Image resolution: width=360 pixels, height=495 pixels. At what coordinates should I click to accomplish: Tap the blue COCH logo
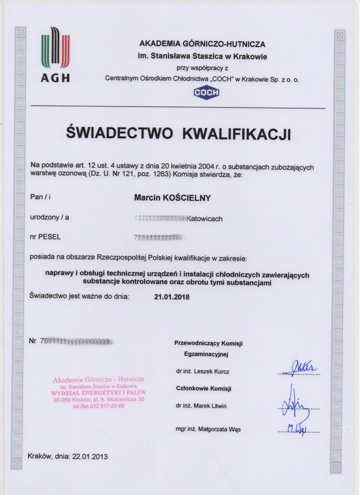pos(206,93)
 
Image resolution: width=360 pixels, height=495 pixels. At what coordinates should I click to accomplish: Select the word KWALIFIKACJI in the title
pos(237,135)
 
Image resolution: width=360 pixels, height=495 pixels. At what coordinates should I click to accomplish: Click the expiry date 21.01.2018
pos(172,296)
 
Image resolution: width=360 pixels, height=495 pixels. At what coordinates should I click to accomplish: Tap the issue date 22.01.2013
pos(91,455)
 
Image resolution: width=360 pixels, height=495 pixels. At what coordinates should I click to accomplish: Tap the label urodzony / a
pos(49,217)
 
